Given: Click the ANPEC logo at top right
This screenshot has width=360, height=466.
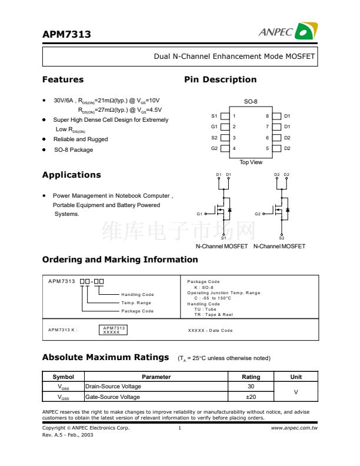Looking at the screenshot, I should pos(288,32).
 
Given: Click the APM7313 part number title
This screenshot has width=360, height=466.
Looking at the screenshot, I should pos(66,35).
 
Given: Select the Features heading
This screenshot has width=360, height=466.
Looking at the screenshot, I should pos(63,79).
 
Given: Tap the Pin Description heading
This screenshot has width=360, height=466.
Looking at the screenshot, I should pos(220,79).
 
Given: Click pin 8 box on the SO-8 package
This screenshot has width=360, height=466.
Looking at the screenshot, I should pos(278,116).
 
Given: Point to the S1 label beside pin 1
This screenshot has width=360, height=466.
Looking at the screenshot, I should pos(214,116).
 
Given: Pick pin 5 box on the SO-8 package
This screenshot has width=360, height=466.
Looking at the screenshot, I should pos(278,148).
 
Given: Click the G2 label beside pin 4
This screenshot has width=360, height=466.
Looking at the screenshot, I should pos(214,148).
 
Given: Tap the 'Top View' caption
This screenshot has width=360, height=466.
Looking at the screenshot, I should pos(251,162).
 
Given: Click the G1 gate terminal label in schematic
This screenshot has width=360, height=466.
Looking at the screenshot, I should pos(200,214).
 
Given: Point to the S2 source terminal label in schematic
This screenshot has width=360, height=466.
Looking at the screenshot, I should pos(282,238).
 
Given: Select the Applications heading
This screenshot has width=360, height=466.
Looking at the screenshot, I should pos(71,175).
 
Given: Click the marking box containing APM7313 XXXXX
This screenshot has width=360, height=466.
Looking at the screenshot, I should pos(114,330).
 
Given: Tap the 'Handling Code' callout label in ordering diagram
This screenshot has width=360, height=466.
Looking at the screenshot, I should pos(137,294).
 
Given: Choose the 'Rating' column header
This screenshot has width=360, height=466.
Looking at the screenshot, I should pos(251,377).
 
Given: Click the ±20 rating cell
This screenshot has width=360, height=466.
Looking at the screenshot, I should pos(251,397).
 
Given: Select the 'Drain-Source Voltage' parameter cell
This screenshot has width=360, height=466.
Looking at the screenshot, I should pos(114,387).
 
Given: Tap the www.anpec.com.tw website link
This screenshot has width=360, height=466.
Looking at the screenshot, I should pos(294,428).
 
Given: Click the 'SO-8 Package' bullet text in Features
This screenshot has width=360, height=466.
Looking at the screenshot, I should pos(74,150).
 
